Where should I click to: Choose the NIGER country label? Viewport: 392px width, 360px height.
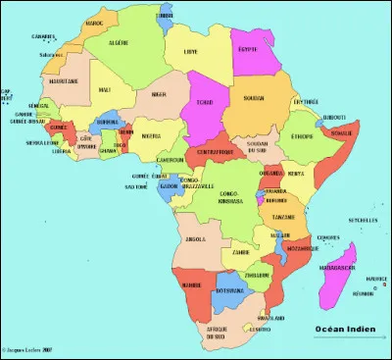click(x=159, y=95)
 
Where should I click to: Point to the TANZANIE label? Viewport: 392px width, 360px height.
click(x=285, y=216)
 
